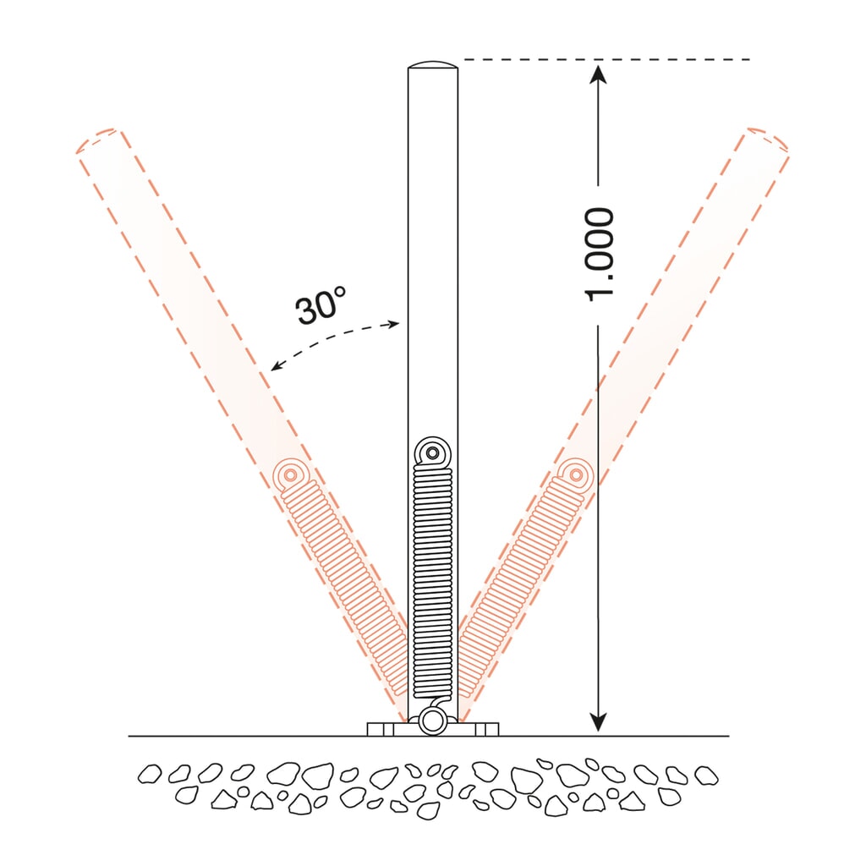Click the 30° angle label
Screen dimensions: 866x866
pos(321,304)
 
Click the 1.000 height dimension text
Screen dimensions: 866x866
pos(600,255)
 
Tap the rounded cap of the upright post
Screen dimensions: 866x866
pos(433,64)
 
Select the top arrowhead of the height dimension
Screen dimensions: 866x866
pos(598,74)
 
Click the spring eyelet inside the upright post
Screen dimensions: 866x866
pos(433,453)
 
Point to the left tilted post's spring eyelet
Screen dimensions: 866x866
pos(291,474)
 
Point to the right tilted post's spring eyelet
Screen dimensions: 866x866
pos(576,474)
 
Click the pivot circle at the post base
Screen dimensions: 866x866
pos(433,721)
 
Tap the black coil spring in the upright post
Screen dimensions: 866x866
pos(433,581)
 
